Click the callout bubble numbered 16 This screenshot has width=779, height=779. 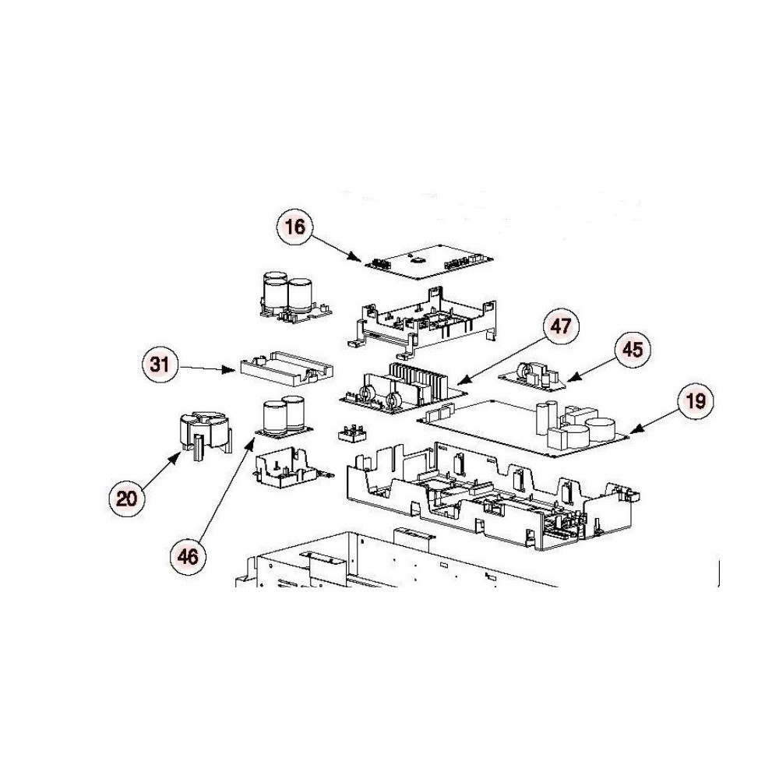[295, 227]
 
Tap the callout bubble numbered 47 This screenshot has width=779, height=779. [561, 326]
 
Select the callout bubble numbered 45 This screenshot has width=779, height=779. [633, 350]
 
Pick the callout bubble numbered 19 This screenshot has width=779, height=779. [696, 400]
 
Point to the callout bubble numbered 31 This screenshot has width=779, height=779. [160, 365]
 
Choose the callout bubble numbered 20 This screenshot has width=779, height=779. [127, 498]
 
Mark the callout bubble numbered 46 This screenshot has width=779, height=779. [188, 556]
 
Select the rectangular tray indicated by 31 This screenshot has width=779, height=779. [286, 369]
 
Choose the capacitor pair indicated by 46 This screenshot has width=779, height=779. [284, 417]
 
